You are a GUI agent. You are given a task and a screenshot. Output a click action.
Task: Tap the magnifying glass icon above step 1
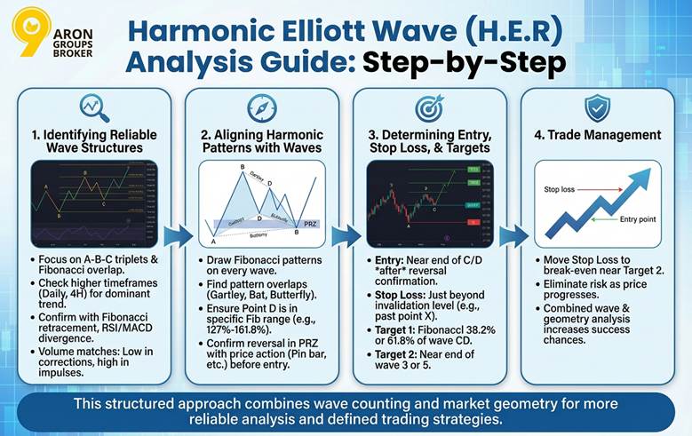click(x=93, y=107)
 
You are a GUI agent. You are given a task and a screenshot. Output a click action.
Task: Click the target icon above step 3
click(x=431, y=107)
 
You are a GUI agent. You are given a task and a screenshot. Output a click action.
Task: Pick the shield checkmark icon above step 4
click(x=597, y=107)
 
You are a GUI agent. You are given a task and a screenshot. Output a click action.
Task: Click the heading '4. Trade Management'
click(x=596, y=135)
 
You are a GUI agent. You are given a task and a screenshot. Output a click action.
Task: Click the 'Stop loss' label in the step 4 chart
click(x=560, y=189)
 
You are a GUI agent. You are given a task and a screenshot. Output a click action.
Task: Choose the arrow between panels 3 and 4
click(x=513, y=236)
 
